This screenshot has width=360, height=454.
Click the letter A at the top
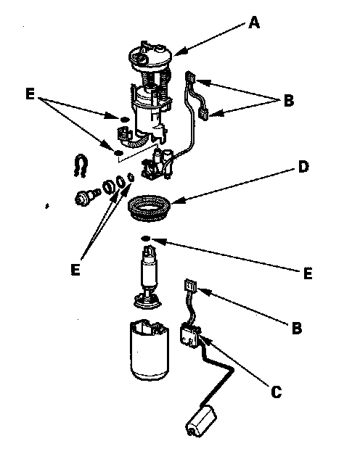tap(254, 22)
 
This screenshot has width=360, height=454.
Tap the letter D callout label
tap(303, 167)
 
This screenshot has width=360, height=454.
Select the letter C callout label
tap(276, 392)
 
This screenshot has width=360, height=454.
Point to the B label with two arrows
tap(288, 101)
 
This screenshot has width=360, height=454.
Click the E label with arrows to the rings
tap(75, 270)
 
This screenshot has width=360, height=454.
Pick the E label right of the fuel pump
tap(308, 273)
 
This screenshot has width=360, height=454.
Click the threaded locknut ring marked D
tap(150, 208)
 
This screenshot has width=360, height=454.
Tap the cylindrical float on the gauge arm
tap(201, 420)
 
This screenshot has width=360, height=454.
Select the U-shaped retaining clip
tap(81, 166)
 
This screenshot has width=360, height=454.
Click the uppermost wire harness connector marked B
tap(191, 78)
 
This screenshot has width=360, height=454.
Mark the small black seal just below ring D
tap(145, 239)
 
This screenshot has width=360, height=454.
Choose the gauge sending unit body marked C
tap(190, 336)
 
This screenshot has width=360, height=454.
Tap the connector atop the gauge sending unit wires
tap(191, 286)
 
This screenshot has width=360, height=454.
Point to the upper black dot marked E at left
tap(124, 119)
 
